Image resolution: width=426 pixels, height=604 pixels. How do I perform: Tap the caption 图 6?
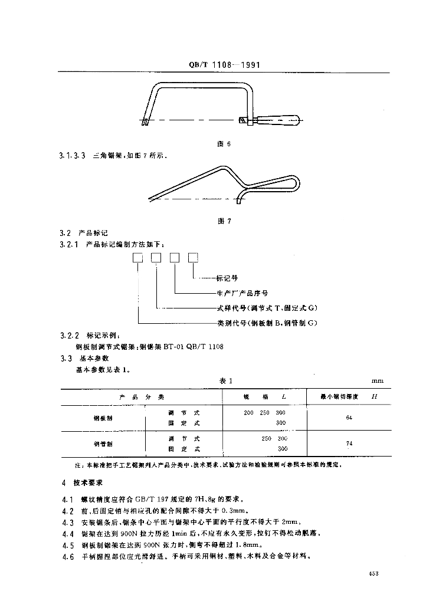[x=224, y=145]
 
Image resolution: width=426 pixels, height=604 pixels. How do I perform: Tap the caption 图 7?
[x=224, y=221]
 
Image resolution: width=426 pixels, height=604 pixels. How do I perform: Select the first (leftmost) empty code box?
[x=137, y=257]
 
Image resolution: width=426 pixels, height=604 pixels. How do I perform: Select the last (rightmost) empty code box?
[x=193, y=257]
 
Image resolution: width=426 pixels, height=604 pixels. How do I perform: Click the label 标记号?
[x=227, y=277]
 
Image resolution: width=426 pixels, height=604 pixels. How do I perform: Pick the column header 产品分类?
[x=141, y=396]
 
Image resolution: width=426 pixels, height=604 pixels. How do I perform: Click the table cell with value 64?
[x=349, y=418]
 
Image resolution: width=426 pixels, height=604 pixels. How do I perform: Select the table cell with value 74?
[x=349, y=443]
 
